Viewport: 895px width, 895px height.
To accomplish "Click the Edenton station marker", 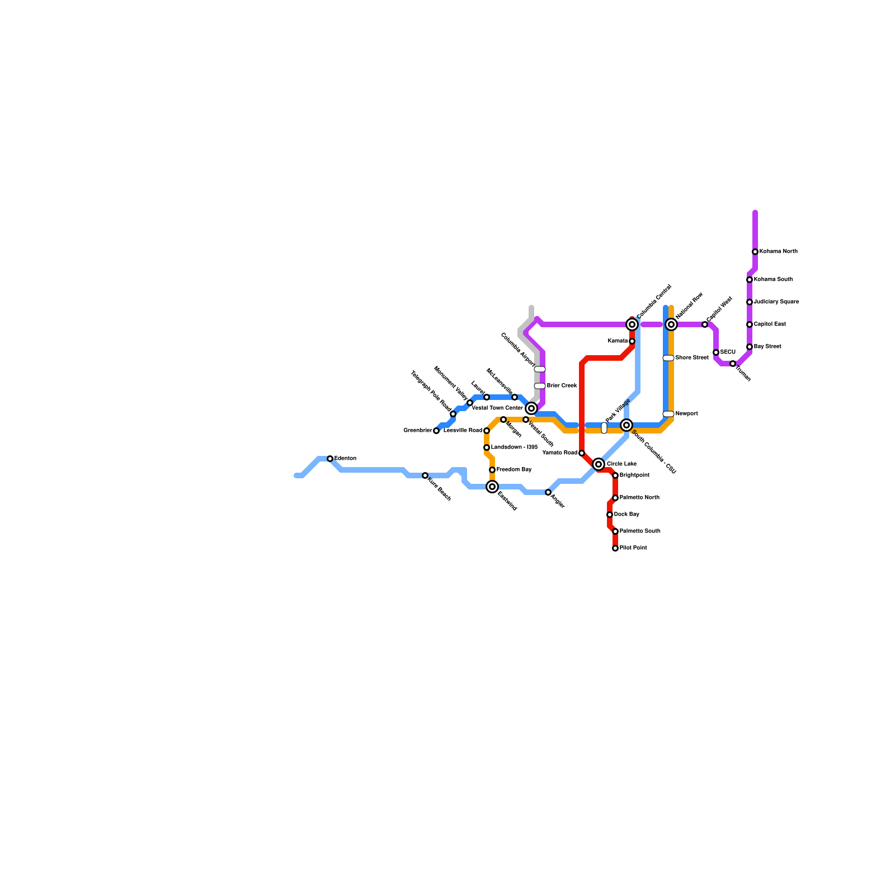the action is (x=330, y=459).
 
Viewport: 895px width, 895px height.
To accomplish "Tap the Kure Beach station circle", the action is (x=425, y=475).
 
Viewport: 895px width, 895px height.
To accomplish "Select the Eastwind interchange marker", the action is (x=492, y=487).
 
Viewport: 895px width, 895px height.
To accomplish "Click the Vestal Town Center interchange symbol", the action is (x=531, y=408).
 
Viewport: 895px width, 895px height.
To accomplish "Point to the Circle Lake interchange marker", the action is (x=599, y=464).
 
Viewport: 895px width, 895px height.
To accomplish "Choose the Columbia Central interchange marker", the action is (x=632, y=324).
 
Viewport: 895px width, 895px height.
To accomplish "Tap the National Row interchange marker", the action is (x=671, y=324).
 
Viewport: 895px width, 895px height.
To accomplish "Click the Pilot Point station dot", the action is (x=615, y=548).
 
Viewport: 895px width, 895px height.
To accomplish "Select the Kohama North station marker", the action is (x=755, y=252).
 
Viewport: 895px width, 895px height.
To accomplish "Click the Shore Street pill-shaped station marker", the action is (x=668, y=358).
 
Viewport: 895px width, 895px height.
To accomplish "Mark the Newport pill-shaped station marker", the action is (x=668, y=414).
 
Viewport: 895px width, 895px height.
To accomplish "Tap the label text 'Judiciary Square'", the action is (x=776, y=302).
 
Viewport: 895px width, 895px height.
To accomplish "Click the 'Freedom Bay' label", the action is (x=514, y=470).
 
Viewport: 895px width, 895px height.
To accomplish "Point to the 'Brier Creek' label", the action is (x=562, y=386).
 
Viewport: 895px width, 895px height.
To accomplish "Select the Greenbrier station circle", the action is (x=436, y=431).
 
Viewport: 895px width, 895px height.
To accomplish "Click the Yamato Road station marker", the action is (x=582, y=453).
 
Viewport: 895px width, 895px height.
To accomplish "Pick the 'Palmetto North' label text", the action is (x=639, y=498).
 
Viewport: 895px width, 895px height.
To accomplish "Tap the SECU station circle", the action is (x=716, y=352).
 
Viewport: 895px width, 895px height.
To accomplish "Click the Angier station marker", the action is (x=548, y=492).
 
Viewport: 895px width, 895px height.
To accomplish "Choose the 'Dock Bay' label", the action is (x=626, y=515).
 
